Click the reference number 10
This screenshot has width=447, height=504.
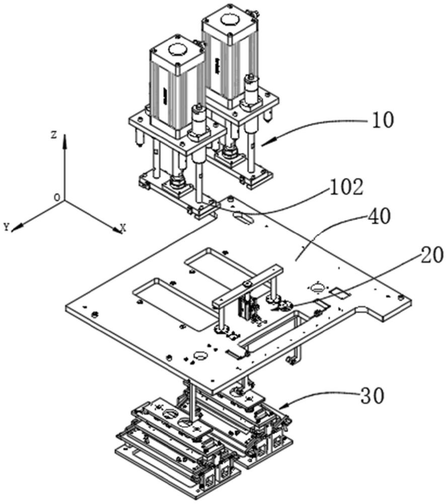(x=383, y=120)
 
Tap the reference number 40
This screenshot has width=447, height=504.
(x=380, y=216)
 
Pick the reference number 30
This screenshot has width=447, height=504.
(x=372, y=396)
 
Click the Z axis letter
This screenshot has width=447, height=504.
(x=54, y=135)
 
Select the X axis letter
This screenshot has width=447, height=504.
(x=123, y=228)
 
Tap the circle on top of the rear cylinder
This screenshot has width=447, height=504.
(x=231, y=21)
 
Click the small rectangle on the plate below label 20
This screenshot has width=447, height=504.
(x=340, y=293)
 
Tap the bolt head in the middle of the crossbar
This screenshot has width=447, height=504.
(x=247, y=284)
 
